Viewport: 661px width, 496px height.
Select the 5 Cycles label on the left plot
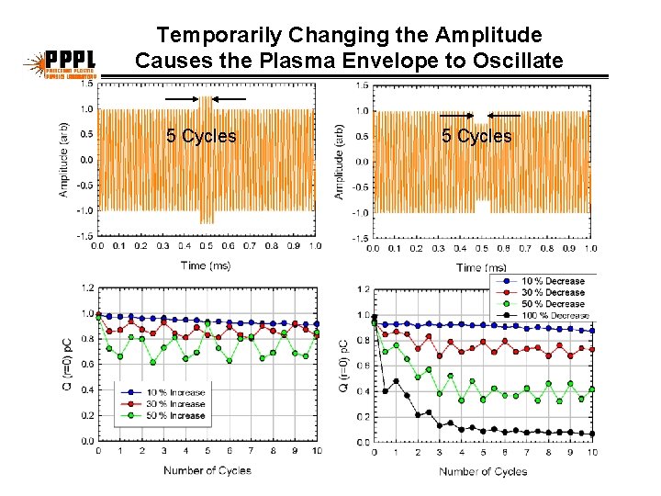[x=201, y=136]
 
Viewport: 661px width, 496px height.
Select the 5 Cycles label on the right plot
[x=476, y=136]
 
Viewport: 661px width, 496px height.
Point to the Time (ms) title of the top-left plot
[x=206, y=265]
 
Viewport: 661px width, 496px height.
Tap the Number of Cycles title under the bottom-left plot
[x=207, y=470]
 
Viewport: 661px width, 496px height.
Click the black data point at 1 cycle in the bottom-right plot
[x=396, y=380]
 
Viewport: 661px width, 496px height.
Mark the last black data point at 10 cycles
[x=592, y=434]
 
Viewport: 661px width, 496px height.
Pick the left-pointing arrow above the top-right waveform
[x=504, y=116]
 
